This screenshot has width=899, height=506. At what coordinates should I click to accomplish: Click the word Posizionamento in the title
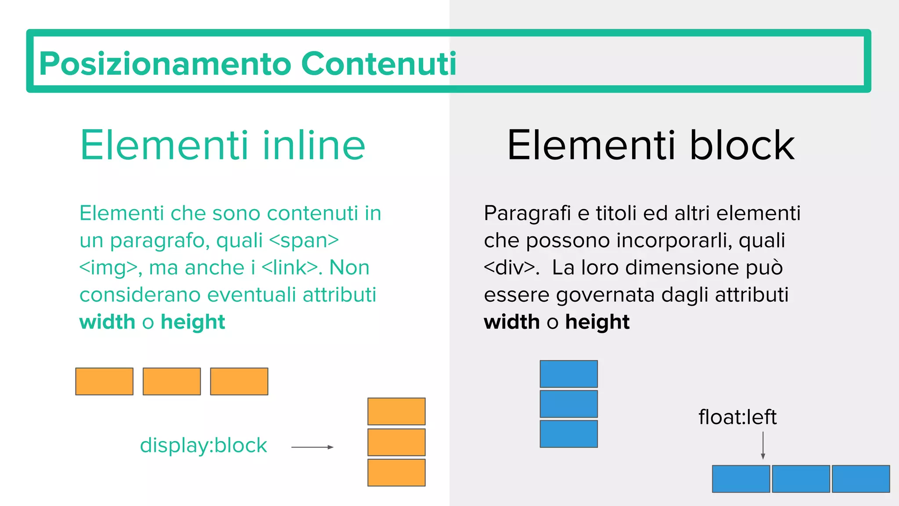tap(165, 64)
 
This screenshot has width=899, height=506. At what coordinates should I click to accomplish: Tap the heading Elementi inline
tap(223, 145)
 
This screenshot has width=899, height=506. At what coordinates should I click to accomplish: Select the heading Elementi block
tap(651, 145)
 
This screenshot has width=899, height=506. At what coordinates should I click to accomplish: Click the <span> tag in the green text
tap(304, 241)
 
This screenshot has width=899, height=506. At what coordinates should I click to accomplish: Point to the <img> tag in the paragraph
tap(108, 268)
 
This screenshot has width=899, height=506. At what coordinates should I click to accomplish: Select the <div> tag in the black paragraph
tap(509, 268)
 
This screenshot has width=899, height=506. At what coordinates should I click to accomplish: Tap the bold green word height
tap(193, 322)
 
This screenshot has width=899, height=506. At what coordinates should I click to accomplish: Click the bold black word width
tap(511, 322)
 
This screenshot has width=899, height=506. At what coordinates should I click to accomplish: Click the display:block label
tap(203, 445)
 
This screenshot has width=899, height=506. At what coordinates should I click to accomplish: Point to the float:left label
tap(737, 417)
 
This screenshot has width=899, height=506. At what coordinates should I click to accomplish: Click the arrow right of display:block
tap(312, 447)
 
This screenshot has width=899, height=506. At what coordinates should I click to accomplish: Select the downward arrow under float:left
tap(763, 445)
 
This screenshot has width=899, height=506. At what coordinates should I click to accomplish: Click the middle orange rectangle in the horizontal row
tap(172, 381)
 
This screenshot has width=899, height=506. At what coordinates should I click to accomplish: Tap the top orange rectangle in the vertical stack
tap(396, 411)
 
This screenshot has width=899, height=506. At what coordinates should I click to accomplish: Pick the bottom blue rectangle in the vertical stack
tap(568, 434)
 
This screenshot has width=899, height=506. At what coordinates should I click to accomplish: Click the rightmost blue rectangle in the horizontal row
tap(861, 479)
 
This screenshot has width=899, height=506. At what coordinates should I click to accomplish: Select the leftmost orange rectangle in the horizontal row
tap(104, 381)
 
